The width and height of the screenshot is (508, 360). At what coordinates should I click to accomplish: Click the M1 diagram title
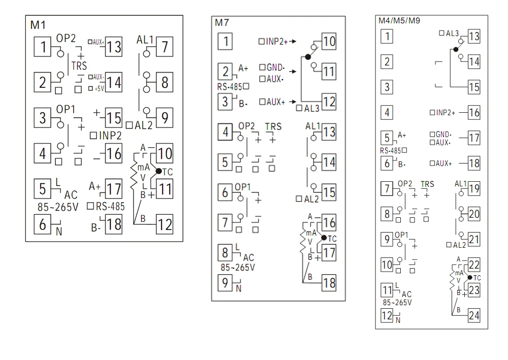point(38,25)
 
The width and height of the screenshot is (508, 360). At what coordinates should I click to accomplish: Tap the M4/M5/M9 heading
point(399,21)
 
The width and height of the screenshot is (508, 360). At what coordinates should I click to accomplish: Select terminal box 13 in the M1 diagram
point(114,47)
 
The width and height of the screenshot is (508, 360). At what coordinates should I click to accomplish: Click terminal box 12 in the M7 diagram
point(329,102)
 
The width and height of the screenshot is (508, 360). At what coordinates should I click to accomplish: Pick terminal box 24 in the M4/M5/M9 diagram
point(474,315)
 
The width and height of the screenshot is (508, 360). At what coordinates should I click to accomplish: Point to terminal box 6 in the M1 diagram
point(43,224)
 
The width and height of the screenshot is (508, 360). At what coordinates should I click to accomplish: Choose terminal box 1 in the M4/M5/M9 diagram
point(387,36)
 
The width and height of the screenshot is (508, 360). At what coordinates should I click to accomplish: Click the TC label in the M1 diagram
point(168,172)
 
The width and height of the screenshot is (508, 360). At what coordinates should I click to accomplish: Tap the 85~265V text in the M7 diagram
point(238,268)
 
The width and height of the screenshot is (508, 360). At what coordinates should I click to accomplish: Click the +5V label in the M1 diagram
point(100,88)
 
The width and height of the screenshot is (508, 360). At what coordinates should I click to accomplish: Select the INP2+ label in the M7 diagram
point(277,42)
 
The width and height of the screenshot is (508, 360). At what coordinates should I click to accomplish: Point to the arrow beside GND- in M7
point(293,71)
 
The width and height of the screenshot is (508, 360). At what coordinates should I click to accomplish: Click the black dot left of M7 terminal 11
point(308,57)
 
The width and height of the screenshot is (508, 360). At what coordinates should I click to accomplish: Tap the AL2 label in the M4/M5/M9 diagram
point(459,245)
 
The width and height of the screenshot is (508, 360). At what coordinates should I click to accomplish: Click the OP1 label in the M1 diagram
point(66,110)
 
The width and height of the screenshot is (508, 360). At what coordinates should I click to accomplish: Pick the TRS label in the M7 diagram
point(273,126)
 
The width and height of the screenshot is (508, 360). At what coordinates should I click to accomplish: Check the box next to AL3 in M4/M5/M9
point(441,33)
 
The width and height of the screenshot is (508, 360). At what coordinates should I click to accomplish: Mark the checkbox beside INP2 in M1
point(93,136)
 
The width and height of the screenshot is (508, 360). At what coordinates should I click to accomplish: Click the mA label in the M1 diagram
point(144,168)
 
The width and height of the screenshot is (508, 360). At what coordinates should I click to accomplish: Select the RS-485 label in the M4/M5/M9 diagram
point(390,150)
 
